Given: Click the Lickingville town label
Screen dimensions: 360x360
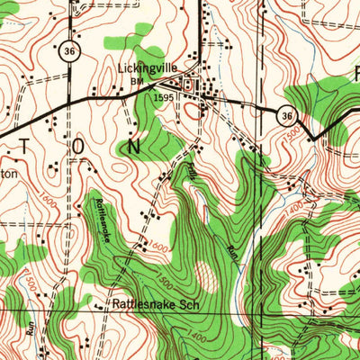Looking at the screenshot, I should tap(148, 67).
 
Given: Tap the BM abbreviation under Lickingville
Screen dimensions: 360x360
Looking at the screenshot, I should tap(137, 82).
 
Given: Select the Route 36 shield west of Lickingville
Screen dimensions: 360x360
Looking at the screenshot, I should tap(69, 52).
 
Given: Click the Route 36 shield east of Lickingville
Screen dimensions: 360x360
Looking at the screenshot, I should tap(285, 115).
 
